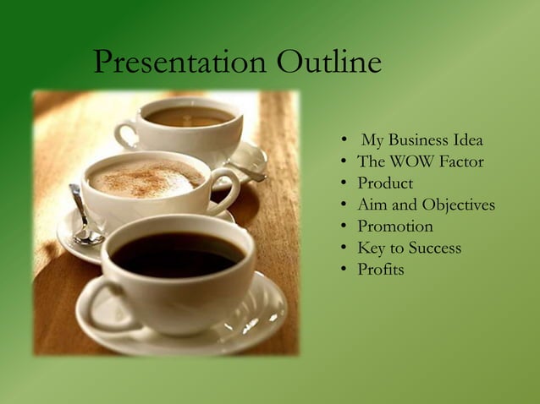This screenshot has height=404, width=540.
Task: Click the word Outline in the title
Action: (328, 62)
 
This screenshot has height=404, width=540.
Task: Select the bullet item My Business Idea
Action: (422, 139)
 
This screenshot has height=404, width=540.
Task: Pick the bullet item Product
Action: (385, 183)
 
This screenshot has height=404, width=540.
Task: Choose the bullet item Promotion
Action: (395, 227)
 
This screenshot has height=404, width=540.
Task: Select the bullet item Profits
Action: (380, 270)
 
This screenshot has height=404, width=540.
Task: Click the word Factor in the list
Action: (460, 161)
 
